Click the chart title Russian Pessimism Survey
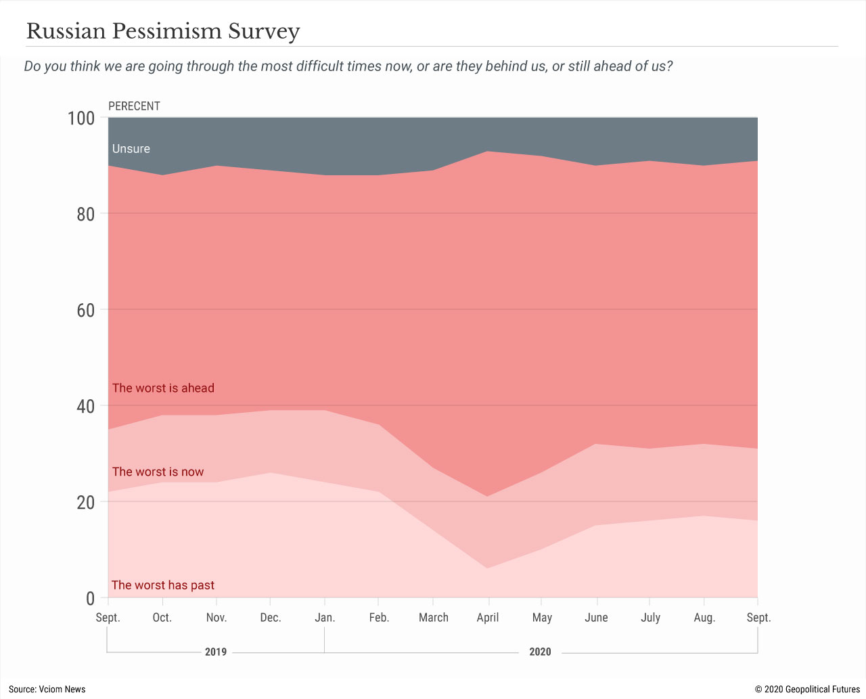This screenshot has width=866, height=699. click(x=163, y=31)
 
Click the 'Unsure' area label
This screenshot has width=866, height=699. click(x=131, y=149)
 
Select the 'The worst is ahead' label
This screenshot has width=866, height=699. click(x=163, y=388)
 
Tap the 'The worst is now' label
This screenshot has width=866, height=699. click(x=158, y=472)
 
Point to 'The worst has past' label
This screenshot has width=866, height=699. click(x=163, y=585)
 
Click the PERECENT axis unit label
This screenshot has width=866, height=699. click(x=134, y=106)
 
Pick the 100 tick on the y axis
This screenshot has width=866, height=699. click(x=81, y=118)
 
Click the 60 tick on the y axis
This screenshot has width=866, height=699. click(x=85, y=311)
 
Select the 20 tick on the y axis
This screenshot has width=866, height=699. click(x=85, y=502)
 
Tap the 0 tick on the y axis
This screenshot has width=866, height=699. click(x=90, y=598)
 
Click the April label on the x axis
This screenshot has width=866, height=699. click(x=488, y=617)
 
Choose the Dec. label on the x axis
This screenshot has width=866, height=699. click(x=271, y=617)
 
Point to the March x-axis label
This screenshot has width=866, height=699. click(x=434, y=617)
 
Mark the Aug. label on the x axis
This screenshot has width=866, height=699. click(x=704, y=617)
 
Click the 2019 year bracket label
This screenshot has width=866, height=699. click(x=216, y=652)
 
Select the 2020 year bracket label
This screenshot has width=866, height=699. click(x=540, y=652)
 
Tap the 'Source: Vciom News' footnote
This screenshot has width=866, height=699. click(x=47, y=689)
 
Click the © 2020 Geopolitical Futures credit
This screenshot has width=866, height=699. click(x=807, y=689)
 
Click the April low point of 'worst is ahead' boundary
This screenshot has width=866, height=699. click(x=488, y=496)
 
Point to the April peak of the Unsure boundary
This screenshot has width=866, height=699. click(x=488, y=151)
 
